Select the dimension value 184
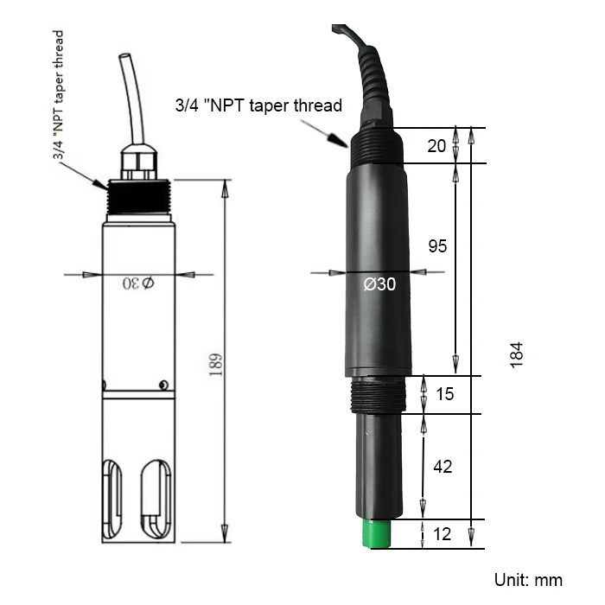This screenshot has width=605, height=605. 516,355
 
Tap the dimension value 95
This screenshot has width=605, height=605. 437,246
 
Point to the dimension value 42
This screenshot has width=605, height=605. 442,467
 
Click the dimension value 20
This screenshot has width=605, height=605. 437,145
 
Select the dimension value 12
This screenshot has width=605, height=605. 442,534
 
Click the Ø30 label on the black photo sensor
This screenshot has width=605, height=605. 379,283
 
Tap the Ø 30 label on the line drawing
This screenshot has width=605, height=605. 138,283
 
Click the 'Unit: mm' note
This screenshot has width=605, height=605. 527,579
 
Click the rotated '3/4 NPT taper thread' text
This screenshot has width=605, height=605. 58,96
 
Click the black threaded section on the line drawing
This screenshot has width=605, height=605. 141,196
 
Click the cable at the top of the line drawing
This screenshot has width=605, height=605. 128,95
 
